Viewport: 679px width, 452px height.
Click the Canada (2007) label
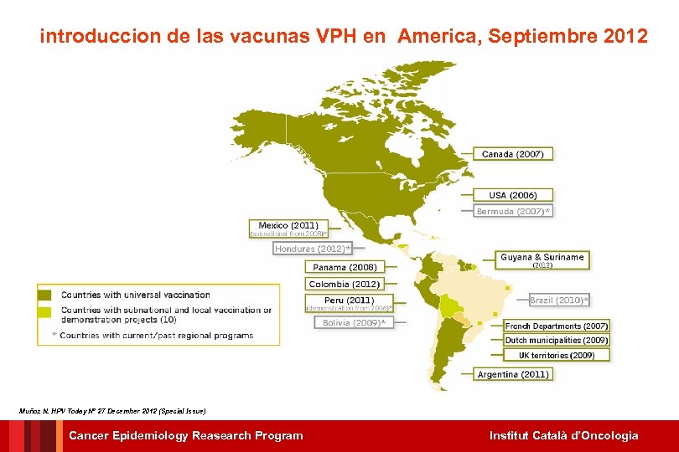click(512, 154)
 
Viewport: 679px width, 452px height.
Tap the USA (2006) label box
click(513, 195)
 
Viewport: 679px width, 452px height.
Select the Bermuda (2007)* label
click(513, 211)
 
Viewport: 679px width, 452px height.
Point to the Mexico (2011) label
click(288, 225)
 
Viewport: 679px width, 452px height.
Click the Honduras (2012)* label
click(312, 248)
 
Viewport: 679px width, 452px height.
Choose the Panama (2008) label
click(345, 267)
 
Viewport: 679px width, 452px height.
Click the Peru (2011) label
click(349, 300)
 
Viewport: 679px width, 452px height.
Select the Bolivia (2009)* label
click(354, 322)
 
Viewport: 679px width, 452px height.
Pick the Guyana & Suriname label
click(542, 257)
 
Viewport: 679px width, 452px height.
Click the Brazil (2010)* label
click(559, 300)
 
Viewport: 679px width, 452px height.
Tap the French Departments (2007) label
click(557, 326)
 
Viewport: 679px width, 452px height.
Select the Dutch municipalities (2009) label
click(557, 341)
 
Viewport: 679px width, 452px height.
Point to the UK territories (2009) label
click(557, 355)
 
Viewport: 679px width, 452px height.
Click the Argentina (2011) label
click(513, 374)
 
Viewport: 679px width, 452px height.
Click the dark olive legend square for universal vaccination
click(44, 295)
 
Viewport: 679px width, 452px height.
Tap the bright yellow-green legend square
click(44, 311)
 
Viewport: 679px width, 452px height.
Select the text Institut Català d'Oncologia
click(563, 435)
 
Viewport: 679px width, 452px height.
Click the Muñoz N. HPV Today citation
click(111, 411)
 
